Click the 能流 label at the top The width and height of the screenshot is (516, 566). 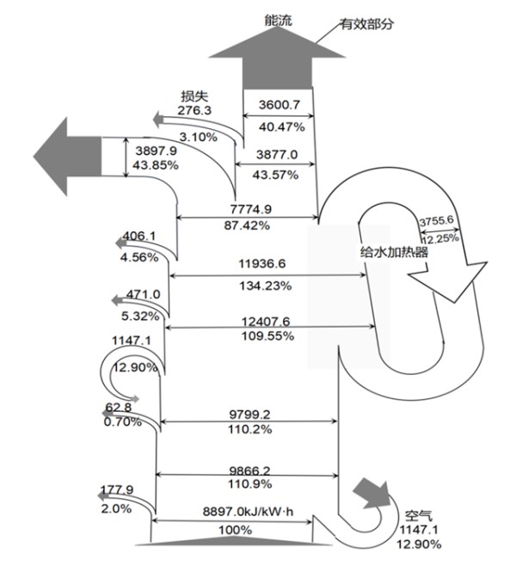(x=278, y=21)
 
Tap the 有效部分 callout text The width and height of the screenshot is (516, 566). (x=367, y=24)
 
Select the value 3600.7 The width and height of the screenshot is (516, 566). (x=279, y=105)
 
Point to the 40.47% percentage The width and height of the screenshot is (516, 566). (x=282, y=126)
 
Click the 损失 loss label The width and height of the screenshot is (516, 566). (x=195, y=96)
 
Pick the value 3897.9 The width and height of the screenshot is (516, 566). (x=157, y=151)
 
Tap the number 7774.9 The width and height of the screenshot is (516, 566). (x=251, y=209)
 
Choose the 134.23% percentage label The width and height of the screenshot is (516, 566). (x=266, y=286)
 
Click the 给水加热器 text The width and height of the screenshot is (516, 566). (x=394, y=251)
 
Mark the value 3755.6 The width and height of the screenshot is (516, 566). (x=437, y=220)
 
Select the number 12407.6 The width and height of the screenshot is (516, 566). (x=266, y=321)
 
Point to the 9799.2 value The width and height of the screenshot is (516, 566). (x=249, y=415)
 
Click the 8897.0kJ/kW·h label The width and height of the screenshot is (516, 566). (x=248, y=512)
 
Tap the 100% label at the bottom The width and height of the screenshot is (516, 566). (x=236, y=530)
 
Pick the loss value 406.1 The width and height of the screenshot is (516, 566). (x=139, y=236)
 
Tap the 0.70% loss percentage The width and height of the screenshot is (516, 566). (x=123, y=421)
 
